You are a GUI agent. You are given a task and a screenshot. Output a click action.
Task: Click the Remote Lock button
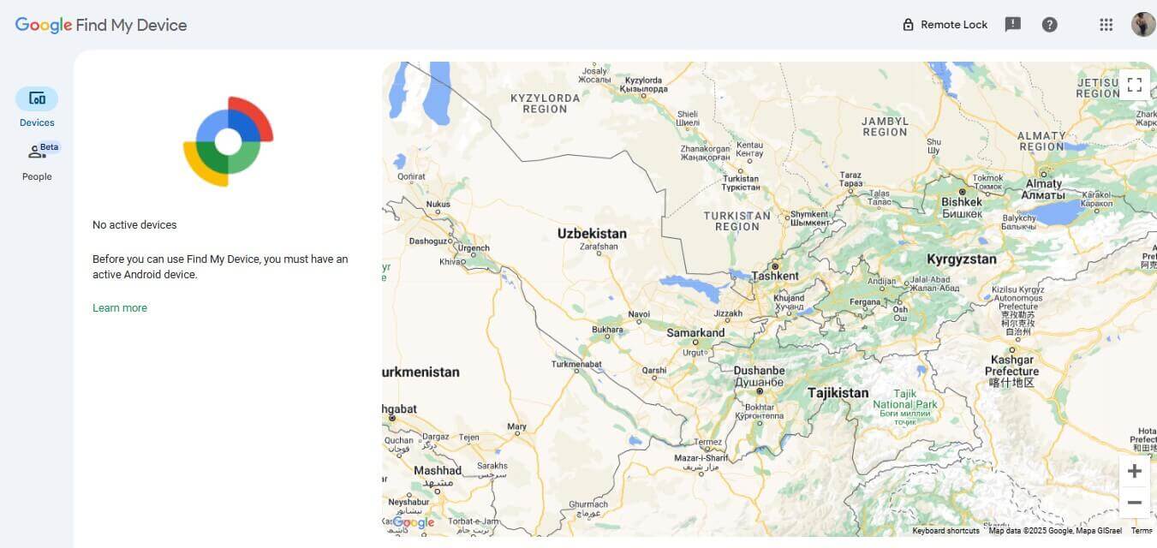(x=945, y=25)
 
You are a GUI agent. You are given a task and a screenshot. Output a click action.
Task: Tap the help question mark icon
(x=1049, y=25)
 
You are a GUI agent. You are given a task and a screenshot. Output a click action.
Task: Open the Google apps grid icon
(x=1106, y=25)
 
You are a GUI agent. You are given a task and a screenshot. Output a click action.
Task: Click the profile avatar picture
(x=1142, y=25)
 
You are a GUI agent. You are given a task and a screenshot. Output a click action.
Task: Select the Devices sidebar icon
(x=37, y=99)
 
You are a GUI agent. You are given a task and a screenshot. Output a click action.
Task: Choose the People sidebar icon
(x=37, y=152)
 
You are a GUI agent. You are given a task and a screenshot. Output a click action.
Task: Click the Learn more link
(x=120, y=308)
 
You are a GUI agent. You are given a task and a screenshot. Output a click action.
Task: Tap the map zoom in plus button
(x=1134, y=471)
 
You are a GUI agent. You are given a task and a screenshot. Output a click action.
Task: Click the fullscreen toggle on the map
(x=1134, y=85)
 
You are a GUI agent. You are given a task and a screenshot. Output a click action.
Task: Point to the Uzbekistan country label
(x=592, y=234)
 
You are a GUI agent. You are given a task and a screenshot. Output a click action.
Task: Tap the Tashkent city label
(x=775, y=277)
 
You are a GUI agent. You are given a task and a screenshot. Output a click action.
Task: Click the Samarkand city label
(x=695, y=333)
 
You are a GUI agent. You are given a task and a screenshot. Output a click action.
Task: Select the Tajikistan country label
(x=838, y=393)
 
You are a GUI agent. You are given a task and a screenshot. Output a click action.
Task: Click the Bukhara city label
(x=607, y=330)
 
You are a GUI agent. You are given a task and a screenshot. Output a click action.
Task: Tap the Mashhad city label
(x=438, y=470)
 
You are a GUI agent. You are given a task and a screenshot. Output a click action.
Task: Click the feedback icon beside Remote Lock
(x=1012, y=25)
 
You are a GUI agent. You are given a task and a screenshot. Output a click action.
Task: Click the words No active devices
(x=134, y=225)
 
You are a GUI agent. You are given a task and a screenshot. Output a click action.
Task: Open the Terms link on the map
(x=1141, y=531)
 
